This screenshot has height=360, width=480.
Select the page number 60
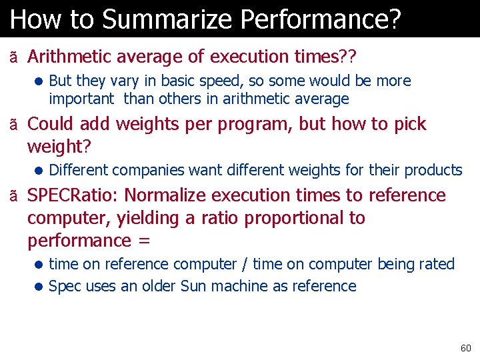point(465,348)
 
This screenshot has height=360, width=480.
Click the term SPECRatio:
point(73,195)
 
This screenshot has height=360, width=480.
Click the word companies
point(153,170)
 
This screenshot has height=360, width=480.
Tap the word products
point(434,170)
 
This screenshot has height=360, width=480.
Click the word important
point(81,99)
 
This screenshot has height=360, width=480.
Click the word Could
point(50,124)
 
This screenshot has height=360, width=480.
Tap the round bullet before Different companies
point(40,171)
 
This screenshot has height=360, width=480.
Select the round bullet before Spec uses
point(40,287)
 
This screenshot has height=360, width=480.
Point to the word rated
point(437,264)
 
